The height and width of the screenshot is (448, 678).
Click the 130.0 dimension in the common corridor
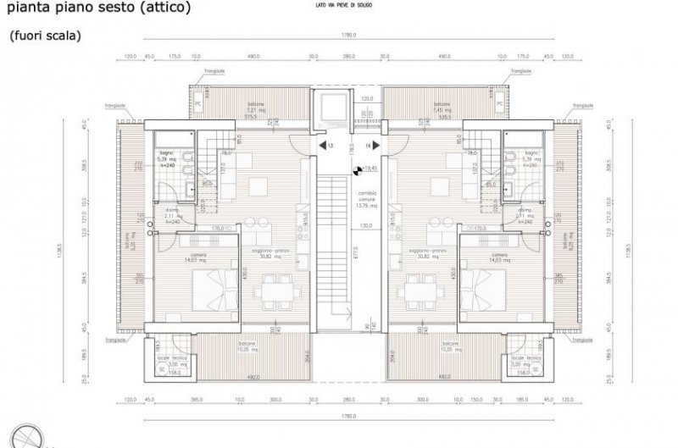pos(366,226)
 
